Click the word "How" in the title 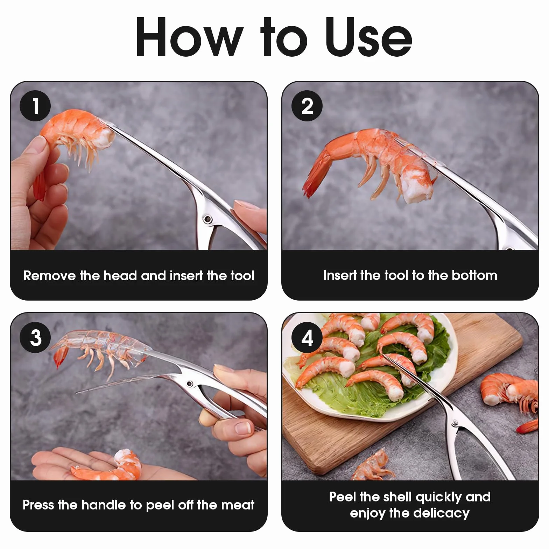coord(189,37)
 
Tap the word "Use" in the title coord(369,37)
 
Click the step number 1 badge coord(35,106)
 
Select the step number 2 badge coord(307,106)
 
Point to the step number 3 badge coord(35,337)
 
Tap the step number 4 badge coord(307,337)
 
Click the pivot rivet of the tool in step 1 coord(208,219)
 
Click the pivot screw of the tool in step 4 coord(455,423)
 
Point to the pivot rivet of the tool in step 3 coord(190,383)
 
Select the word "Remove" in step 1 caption coord(49,276)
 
